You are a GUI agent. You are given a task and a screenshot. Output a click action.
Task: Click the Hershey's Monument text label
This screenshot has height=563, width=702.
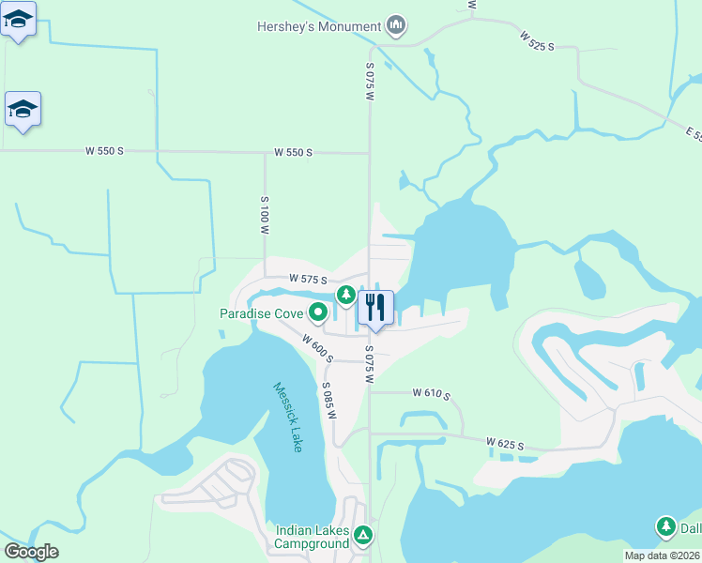click(318, 26)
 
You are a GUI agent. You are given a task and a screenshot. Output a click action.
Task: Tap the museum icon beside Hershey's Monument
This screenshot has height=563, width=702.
click(396, 26)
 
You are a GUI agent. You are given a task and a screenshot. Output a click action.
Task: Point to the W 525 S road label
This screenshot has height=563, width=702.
click(538, 40)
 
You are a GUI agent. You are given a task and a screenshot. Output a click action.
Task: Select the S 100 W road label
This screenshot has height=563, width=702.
click(265, 215)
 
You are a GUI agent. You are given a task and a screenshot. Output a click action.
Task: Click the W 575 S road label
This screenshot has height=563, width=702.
click(308, 280)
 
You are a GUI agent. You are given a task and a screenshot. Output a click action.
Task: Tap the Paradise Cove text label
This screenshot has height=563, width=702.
click(261, 313)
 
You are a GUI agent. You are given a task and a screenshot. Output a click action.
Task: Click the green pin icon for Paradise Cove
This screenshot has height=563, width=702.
click(319, 312)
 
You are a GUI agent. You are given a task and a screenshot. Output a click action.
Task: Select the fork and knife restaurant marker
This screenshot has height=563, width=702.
click(375, 307)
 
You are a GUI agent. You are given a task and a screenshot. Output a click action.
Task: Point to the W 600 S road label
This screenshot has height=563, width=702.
click(317, 346)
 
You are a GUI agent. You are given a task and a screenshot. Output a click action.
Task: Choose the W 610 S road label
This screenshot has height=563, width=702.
click(432, 395)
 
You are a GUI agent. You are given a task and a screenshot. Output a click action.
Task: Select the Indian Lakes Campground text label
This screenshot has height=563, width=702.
click(312, 537)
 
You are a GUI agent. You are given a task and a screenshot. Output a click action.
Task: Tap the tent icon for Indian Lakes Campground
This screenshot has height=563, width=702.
click(363, 536)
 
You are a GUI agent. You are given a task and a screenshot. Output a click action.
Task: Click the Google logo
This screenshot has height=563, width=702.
click(31, 552)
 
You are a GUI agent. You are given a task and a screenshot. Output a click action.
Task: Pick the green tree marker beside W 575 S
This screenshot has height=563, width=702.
click(346, 296)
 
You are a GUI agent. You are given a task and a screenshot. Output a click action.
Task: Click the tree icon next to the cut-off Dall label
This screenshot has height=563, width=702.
click(666, 527)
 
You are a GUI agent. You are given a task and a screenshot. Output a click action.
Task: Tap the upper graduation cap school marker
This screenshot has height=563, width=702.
click(19, 18)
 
